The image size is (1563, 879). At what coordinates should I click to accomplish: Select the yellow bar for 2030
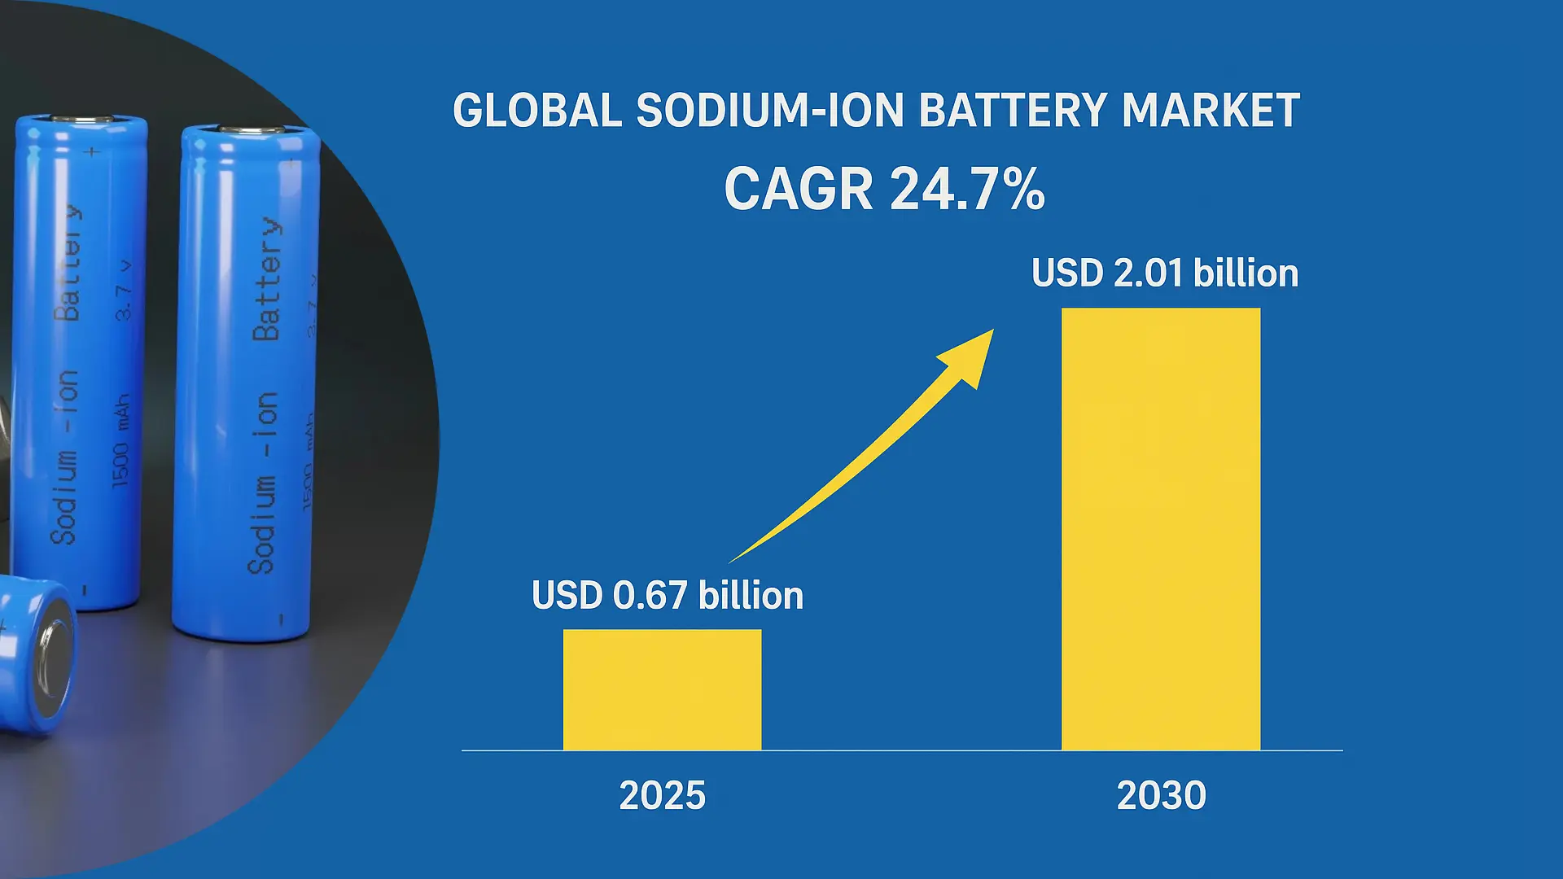[x=1160, y=529]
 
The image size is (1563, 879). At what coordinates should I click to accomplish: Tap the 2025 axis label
[x=662, y=795]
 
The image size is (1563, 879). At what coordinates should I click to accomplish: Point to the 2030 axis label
[x=1161, y=795]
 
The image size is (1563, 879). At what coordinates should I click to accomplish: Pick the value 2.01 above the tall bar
[x=1148, y=273]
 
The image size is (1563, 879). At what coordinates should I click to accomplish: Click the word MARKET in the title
[x=1210, y=112]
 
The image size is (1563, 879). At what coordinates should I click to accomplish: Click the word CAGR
[x=799, y=190]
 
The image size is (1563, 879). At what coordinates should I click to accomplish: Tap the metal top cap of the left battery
[x=82, y=119]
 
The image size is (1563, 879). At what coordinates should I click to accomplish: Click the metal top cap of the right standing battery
[x=251, y=129]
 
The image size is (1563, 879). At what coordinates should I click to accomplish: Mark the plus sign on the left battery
[x=92, y=151]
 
